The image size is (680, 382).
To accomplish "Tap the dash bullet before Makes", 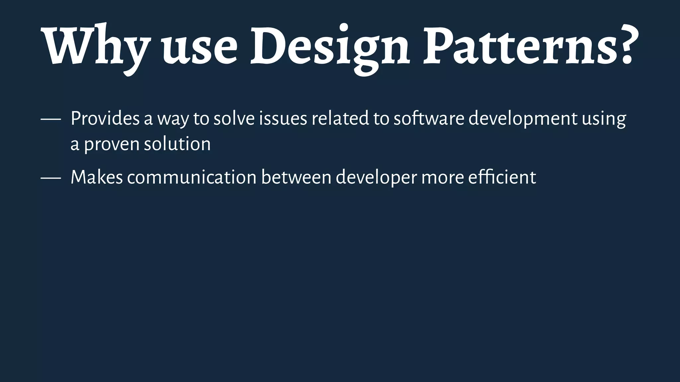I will (51, 178).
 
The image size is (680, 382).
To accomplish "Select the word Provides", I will (105, 118).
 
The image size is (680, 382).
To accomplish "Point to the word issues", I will (283, 118).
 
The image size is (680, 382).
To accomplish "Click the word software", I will (429, 118).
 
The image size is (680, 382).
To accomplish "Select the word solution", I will (177, 144).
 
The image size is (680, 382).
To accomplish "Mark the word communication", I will (192, 177).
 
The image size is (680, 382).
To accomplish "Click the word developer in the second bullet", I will (376, 178).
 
